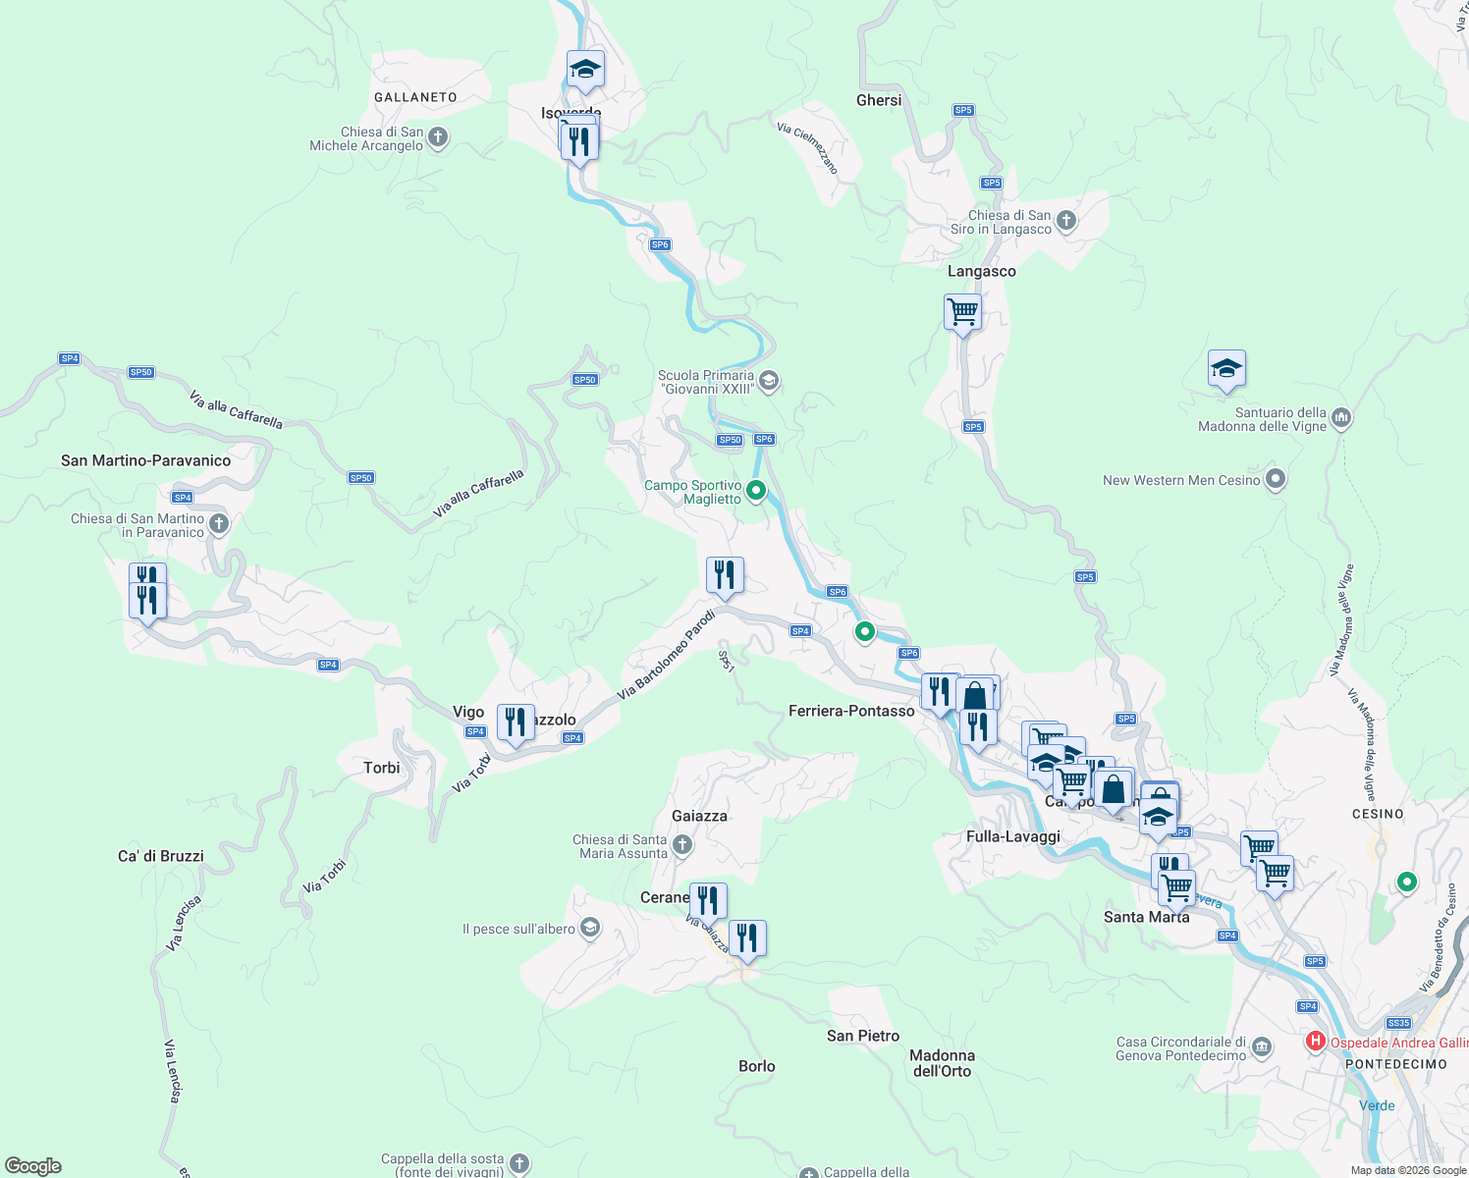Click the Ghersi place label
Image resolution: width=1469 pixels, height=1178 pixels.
coord(879,100)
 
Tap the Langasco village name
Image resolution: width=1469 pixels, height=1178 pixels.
coord(981,271)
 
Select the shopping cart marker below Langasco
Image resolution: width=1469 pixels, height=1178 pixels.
coord(962,313)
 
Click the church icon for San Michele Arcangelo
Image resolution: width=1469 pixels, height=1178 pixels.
coord(438,138)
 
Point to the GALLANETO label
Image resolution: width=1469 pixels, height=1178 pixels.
coord(415,97)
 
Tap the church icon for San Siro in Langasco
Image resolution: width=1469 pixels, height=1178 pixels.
coord(1066,222)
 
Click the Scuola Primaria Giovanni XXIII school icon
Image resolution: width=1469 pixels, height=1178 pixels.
coord(769,381)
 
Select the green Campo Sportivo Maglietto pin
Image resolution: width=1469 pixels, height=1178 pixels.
coord(756,491)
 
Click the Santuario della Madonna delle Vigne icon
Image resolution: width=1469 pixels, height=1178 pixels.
coord(1341,419)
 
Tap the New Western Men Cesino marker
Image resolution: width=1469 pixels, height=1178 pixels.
coord(1276,480)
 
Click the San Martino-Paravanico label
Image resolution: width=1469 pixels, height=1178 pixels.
coord(146,460)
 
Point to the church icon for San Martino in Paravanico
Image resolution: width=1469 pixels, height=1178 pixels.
coord(219,525)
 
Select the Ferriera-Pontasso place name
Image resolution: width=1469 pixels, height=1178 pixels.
coord(851,711)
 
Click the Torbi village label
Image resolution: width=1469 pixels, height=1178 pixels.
coord(382,768)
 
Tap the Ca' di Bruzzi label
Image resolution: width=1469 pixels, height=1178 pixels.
coord(161,856)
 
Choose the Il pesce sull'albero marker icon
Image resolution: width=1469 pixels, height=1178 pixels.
coord(589,928)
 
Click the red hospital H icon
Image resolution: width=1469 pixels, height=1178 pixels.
coord(1316,1042)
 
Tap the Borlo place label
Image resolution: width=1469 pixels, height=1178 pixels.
coord(757,1066)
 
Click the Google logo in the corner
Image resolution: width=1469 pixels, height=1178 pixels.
coord(33,1166)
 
